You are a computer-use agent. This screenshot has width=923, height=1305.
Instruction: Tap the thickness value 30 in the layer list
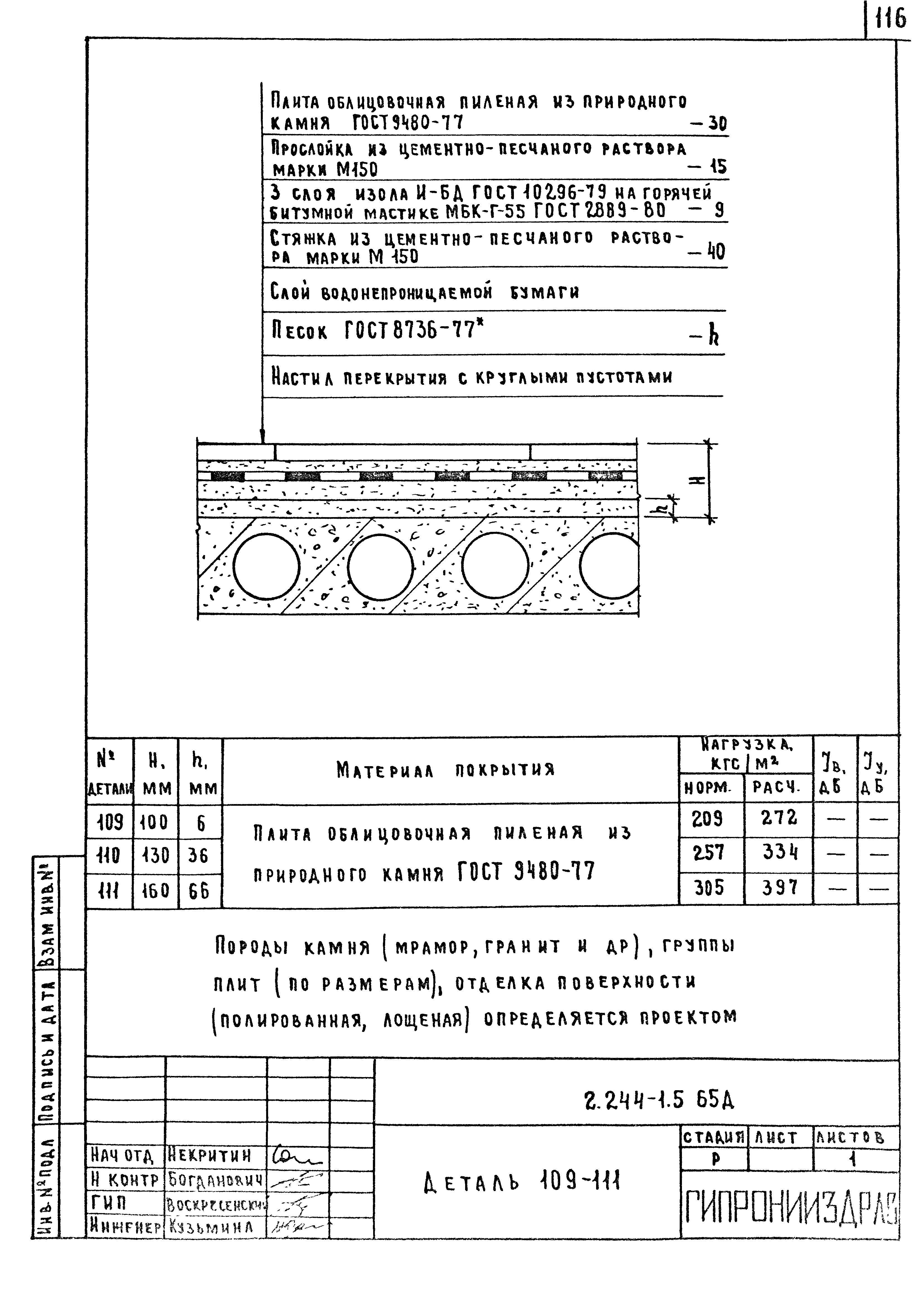[718, 124]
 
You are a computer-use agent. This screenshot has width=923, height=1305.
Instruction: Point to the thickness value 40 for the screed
[716, 251]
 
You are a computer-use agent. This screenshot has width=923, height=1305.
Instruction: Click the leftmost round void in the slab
[266, 566]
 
